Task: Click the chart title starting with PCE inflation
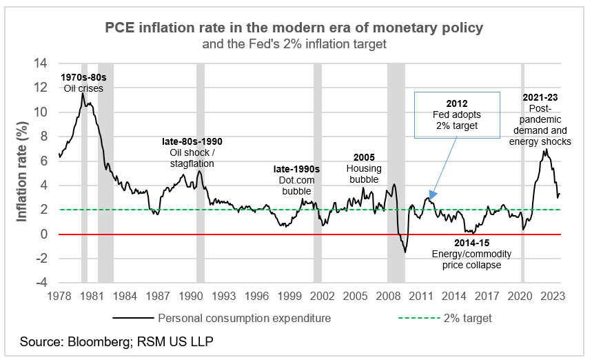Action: click(x=294, y=28)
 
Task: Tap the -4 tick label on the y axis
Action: click(x=43, y=283)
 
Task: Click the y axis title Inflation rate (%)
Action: click(x=21, y=172)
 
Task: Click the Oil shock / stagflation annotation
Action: click(x=192, y=152)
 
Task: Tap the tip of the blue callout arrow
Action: click(x=429, y=199)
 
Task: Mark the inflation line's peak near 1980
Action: click(x=82, y=94)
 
